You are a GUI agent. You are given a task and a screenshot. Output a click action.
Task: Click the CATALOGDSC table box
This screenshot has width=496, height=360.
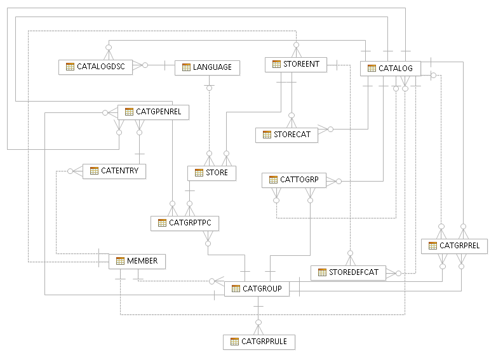click(96, 67)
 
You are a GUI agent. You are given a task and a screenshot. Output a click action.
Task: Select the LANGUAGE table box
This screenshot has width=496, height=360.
click(207, 67)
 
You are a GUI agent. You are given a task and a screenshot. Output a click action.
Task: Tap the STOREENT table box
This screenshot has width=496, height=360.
click(296, 64)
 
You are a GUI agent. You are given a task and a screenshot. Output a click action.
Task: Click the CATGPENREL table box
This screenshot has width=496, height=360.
click(153, 112)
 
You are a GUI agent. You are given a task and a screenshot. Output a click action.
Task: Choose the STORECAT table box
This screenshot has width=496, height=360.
click(286, 135)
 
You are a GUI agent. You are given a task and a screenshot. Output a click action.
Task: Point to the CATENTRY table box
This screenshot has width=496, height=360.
click(114, 171)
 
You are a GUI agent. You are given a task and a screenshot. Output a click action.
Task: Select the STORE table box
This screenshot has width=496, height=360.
click(211, 172)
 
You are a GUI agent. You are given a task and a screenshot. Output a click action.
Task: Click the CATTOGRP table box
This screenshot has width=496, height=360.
click(293, 180)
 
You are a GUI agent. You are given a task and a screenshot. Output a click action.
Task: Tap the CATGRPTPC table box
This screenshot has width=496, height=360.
click(185, 223)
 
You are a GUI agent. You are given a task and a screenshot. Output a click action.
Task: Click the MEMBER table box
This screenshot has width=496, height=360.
click(137, 261)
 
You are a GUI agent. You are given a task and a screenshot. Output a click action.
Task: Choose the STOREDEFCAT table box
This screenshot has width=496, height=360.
click(348, 272)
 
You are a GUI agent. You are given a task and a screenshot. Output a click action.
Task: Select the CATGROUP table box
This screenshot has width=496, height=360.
click(257, 288)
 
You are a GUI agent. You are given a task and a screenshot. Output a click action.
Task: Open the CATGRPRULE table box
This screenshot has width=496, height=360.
click(259, 342)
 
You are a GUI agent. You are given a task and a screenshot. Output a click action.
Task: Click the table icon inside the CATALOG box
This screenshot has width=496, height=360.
click(372, 68)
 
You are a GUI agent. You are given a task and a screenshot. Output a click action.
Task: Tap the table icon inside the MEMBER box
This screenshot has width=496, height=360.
click(120, 261)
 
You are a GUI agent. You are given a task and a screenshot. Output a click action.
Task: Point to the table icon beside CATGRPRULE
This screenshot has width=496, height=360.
click(234, 342)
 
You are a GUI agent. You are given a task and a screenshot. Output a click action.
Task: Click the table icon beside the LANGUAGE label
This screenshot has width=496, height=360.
click(186, 67)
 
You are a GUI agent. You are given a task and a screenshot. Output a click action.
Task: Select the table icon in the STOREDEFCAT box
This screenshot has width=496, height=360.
click(321, 272)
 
